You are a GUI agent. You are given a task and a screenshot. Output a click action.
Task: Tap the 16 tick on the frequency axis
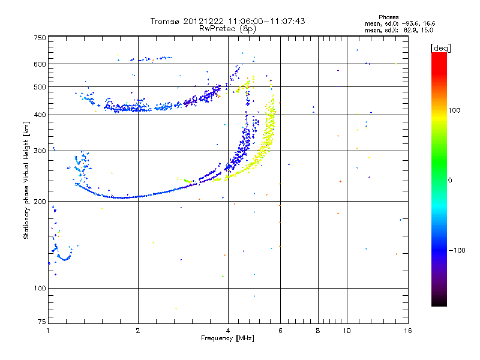point(407,331)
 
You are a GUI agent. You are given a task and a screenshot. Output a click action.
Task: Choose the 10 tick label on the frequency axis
point(346,331)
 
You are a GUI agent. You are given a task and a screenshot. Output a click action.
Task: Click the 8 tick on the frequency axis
point(318,331)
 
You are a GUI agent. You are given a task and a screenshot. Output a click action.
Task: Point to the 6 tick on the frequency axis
point(280,331)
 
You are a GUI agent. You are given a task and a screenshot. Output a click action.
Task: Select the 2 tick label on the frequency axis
point(138,331)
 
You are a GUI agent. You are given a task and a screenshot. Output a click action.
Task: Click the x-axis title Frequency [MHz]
point(227,339)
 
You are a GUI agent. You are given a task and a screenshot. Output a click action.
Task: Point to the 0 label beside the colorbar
point(451,180)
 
